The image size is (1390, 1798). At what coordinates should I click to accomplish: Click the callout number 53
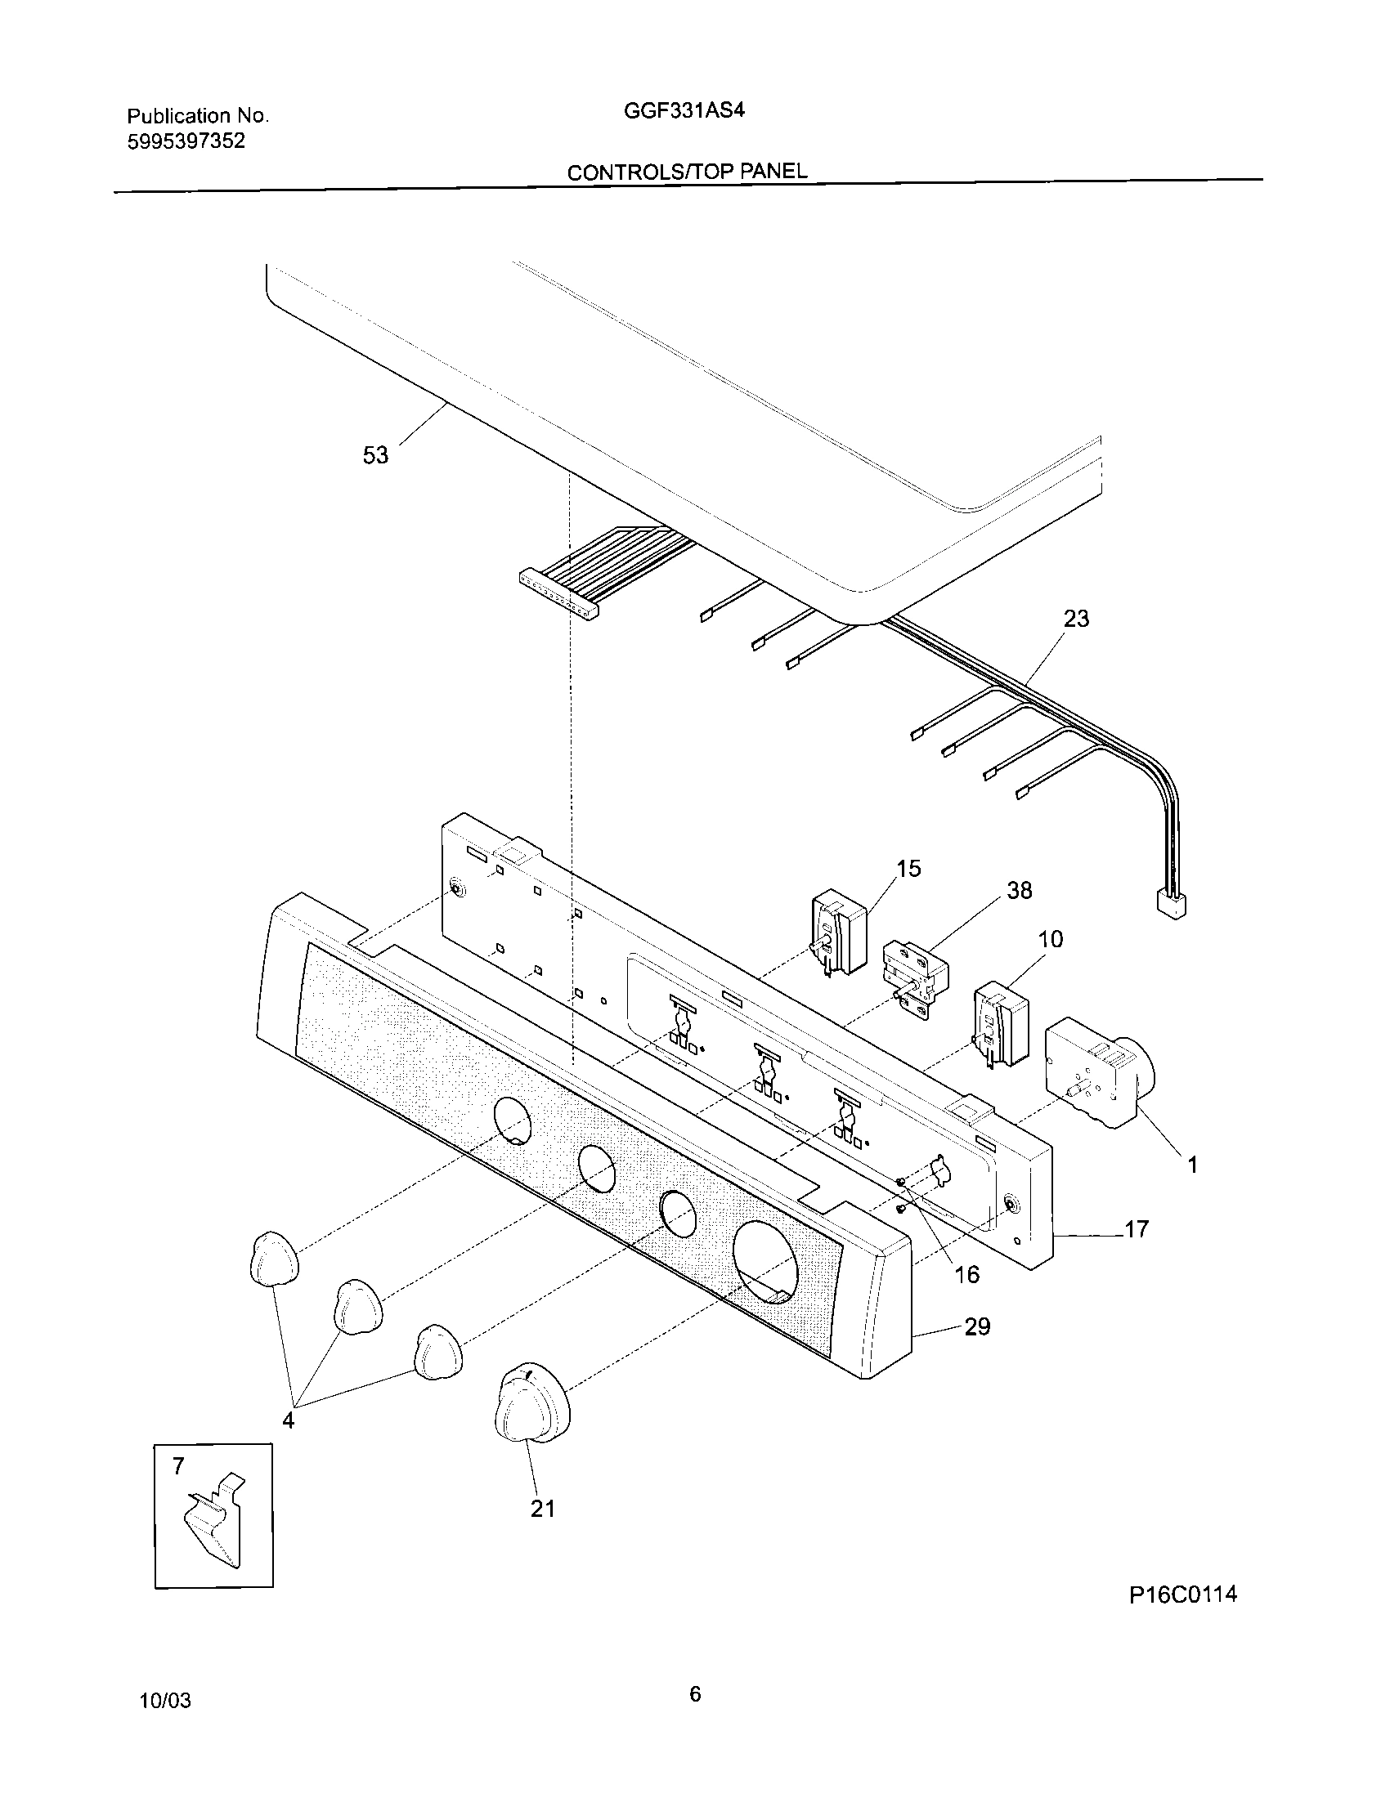[x=375, y=455]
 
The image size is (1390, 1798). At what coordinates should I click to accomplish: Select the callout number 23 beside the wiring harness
[x=1076, y=619]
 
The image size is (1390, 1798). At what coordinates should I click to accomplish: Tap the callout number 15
[x=908, y=869]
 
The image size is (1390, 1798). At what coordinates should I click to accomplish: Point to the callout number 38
[x=1020, y=890]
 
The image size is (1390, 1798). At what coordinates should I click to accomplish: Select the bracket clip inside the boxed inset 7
[x=213, y=1522]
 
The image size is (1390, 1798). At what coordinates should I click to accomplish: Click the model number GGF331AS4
[x=684, y=110]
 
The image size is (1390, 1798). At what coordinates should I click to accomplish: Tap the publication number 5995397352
[x=186, y=141]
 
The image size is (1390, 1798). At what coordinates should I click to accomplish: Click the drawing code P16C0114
[x=1182, y=1617]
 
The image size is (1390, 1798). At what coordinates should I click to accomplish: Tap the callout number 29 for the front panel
[x=976, y=1326]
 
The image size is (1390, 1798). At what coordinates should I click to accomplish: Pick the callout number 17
[x=1137, y=1230]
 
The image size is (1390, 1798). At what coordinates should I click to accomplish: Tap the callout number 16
[x=966, y=1274]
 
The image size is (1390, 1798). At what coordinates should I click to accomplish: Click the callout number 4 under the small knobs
[x=288, y=1421]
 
